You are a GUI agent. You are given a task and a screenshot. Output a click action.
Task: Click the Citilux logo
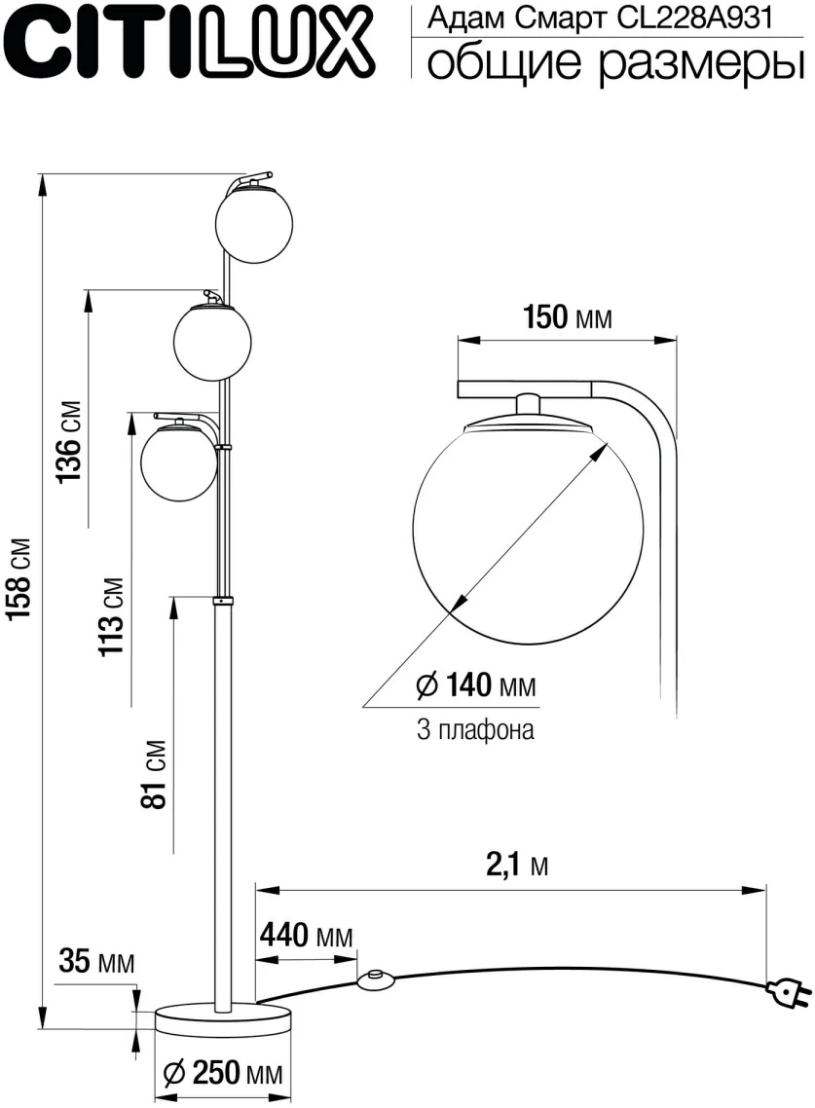[x=189, y=43]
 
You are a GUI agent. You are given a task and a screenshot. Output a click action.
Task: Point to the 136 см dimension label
[x=70, y=442]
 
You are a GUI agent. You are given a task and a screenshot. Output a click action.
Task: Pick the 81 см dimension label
[x=155, y=774]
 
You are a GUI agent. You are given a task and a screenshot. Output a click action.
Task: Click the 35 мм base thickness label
[x=96, y=962]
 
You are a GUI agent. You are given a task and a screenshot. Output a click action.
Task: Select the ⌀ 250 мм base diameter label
[x=222, y=1073]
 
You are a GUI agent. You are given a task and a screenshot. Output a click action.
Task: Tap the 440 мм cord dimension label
[x=306, y=936]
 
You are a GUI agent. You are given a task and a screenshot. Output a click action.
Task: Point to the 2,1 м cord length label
[x=517, y=865]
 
